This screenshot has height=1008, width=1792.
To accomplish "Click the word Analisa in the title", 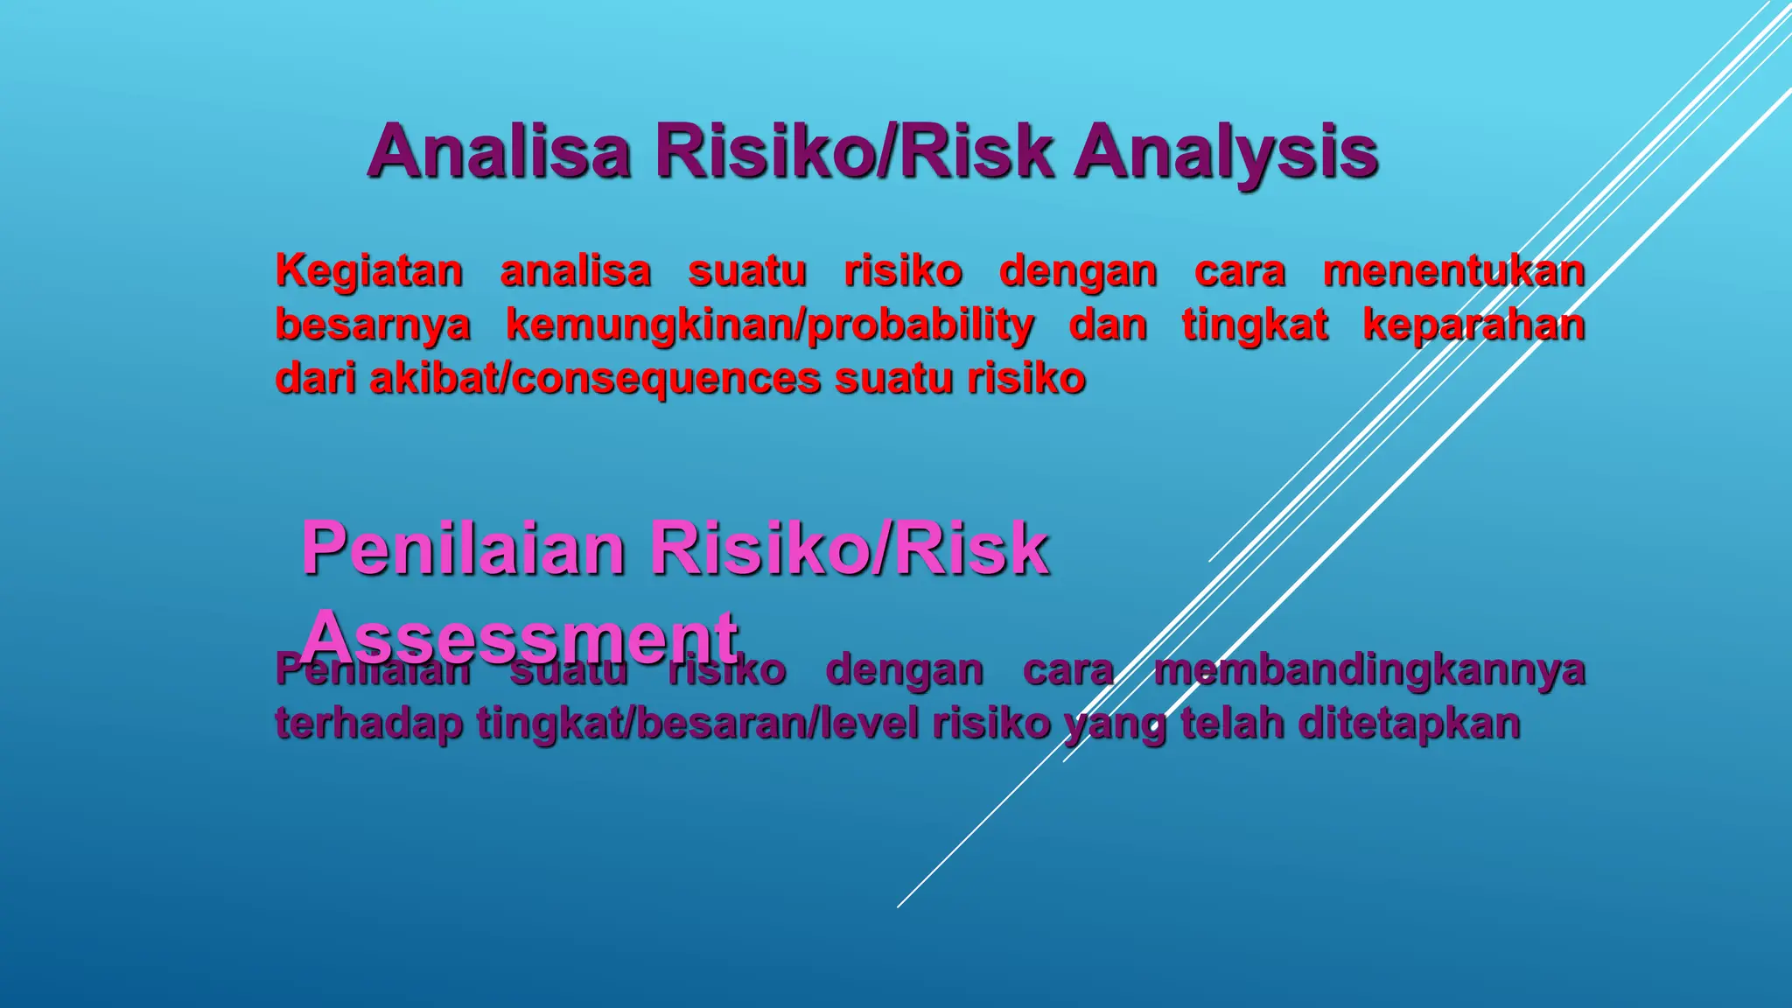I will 499,151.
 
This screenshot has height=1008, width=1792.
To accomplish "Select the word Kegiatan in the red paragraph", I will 369,271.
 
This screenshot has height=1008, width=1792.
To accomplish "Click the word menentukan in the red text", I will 1453,271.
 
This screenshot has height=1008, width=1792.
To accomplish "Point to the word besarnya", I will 373,325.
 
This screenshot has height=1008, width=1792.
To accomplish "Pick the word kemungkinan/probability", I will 770,325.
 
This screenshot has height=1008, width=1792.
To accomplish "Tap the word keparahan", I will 1473,325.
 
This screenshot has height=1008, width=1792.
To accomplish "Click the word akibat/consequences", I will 595,379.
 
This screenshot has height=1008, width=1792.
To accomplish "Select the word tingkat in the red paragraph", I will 1255,325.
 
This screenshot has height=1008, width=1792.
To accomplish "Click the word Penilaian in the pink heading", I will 464,549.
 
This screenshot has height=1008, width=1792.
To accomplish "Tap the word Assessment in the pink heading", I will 520,637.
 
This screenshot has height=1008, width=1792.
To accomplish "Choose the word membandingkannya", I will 1369,671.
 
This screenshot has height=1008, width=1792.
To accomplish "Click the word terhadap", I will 368,724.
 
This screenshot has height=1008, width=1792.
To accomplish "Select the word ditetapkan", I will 1409,724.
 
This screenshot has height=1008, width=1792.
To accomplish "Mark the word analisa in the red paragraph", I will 576,271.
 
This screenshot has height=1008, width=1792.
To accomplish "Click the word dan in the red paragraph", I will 1108,325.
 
